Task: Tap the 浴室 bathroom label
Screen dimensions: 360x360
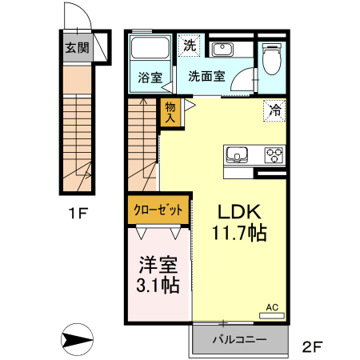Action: click(149, 78)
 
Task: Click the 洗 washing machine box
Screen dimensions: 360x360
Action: click(189, 46)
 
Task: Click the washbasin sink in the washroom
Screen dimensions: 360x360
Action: click(222, 50)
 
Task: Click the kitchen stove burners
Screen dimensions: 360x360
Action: click(274, 154)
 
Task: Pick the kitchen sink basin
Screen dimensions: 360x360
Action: click(238, 154)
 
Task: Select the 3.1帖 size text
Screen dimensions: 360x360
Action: click(158, 285)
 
